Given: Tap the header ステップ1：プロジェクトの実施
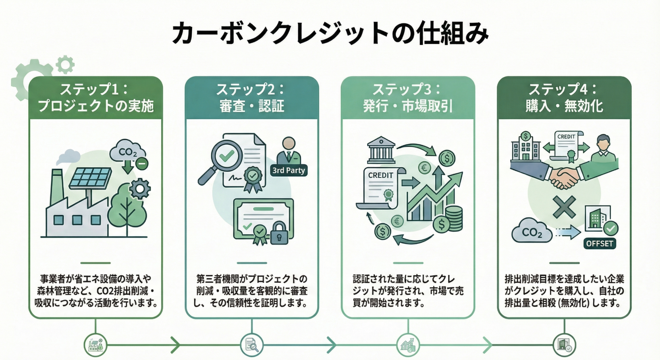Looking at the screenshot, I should (x=96, y=98).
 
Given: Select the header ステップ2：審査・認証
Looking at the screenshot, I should (x=252, y=98).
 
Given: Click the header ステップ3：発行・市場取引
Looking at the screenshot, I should (x=408, y=98).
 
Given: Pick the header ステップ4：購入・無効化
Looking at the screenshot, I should (x=564, y=98).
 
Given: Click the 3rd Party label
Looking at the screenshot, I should (x=289, y=170).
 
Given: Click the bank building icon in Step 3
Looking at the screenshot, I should (x=381, y=150).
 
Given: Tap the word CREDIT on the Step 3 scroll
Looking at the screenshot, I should (x=380, y=176).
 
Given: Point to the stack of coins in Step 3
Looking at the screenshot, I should (x=454, y=218).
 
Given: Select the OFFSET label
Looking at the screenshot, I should (x=599, y=243).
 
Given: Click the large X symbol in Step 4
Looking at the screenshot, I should (x=564, y=207).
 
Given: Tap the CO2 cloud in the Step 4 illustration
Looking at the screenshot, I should (x=532, y=231).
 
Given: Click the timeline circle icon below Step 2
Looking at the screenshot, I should (x=252, y=345).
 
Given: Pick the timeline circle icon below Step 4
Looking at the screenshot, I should (x=564, y=345).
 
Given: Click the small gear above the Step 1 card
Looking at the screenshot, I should (x=65, y=65).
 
